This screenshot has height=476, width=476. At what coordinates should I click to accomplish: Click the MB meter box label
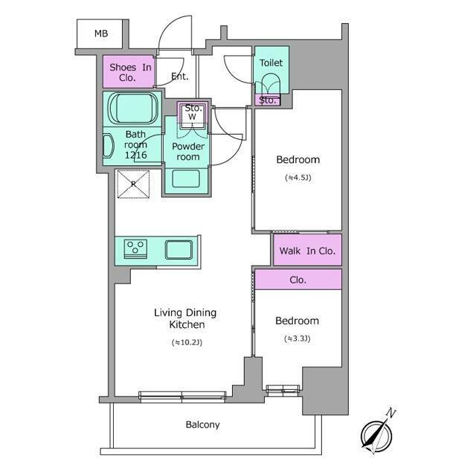coord(101,33)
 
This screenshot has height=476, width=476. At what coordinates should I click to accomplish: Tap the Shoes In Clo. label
coord(130,72)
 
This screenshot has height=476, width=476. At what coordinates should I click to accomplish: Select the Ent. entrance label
coord(180,76)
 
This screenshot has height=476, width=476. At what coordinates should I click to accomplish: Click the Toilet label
coord(271,62)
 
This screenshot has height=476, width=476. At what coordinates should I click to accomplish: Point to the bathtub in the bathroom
coord(134,109)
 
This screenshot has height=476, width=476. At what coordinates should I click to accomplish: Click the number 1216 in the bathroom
coord(136,155)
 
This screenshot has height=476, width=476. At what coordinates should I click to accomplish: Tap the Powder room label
coord(188,152)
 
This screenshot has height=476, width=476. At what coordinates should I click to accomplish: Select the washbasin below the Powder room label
coord(186,178)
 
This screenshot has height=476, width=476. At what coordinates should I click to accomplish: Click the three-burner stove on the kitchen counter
coord(135,249)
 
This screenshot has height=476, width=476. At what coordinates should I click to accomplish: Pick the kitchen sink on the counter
coord(178,250)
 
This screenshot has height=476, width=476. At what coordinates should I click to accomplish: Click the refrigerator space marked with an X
coord(133,184)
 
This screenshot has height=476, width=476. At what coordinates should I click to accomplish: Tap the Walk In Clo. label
coord(307,251)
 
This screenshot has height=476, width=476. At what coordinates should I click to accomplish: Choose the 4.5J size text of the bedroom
coord(298,178)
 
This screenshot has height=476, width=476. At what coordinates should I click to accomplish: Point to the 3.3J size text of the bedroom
coord(297,338)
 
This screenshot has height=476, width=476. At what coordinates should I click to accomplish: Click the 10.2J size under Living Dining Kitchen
coord(187,342)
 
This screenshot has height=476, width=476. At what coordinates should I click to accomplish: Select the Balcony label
coord(203,425)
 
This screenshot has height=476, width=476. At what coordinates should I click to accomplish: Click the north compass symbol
coord(376,436)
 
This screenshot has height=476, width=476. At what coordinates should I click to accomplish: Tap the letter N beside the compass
coord(390,413)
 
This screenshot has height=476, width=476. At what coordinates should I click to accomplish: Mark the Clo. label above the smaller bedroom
coord(297,280)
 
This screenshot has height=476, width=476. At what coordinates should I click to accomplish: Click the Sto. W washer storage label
coord(193,112)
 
